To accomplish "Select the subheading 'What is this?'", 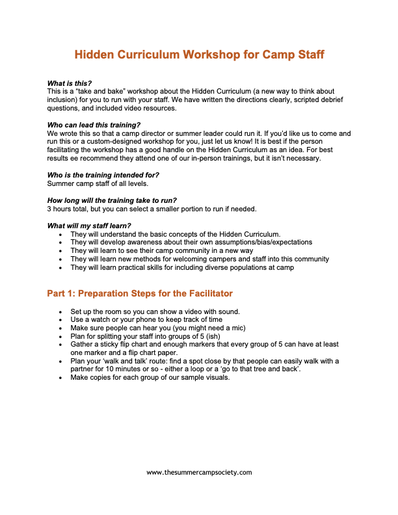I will [70, 83].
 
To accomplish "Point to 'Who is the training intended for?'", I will [103, 175].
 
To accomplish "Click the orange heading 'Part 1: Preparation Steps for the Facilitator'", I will [140, 294].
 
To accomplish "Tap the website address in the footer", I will [199, 473].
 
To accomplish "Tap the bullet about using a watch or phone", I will [146, 319].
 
